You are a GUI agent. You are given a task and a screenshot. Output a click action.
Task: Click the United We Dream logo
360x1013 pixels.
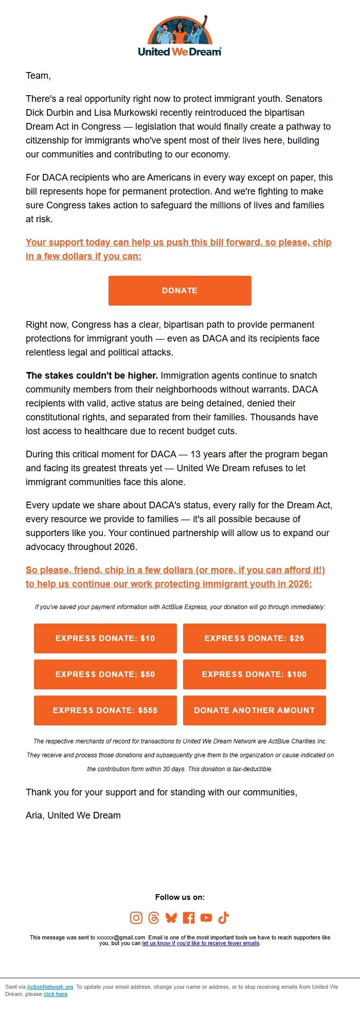click(179, 36)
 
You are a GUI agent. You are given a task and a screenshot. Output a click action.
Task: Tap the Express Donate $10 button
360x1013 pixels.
click(105, 638)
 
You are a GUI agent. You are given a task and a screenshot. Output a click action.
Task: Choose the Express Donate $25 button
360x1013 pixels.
click(254, 638)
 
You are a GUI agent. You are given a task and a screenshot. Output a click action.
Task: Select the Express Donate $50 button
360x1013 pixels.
click(105, 674)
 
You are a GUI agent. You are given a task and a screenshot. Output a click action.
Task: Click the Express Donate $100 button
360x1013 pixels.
click(254, 674)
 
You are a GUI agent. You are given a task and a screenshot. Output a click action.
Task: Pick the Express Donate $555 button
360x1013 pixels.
click(105, 710)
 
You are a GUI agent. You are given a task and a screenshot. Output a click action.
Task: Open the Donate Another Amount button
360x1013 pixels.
click(254, 710)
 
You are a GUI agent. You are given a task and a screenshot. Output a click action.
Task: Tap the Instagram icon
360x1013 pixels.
click(136, 917)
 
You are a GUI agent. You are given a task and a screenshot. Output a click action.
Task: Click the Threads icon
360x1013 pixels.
click(154, 917)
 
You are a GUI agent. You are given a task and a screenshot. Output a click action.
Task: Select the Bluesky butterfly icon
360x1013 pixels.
click(171, 917)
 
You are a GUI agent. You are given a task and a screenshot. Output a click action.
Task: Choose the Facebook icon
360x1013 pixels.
click(189, 917)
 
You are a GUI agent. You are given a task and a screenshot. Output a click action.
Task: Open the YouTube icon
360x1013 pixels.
click(206, 917)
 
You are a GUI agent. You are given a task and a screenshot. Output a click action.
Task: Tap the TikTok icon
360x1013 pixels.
click(224, 917)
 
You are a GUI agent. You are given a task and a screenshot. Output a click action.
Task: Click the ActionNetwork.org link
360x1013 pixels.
click(50, 987)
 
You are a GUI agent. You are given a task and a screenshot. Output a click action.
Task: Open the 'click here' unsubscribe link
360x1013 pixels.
click(56, 994)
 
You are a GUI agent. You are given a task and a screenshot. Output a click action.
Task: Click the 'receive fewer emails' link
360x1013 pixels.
click(201, 943)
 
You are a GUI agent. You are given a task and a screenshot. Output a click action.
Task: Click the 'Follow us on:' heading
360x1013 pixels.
click(179, 897)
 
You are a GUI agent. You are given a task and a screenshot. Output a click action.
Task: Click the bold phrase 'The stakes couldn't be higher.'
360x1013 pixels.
click(92, 376)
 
